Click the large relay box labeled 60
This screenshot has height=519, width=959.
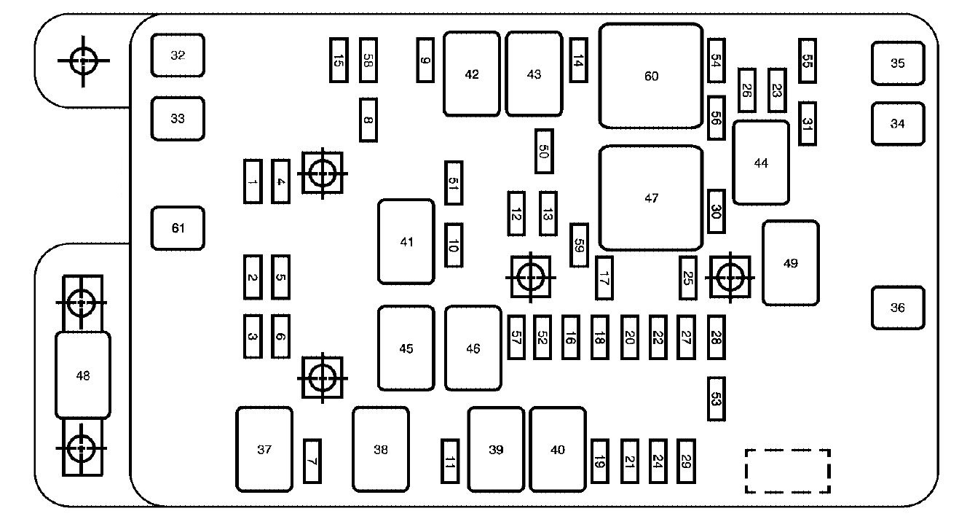click(651, 76)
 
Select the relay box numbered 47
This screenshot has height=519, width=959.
click(651, 198)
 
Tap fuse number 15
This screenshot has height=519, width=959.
click(338, 61)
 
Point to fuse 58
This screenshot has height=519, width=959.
click(368, 61)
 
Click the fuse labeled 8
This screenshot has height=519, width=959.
click(368, 120)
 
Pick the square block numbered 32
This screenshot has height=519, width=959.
click(178, 55)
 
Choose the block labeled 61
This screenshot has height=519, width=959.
click(178, 228)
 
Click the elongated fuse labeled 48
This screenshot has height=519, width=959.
click(83, 375)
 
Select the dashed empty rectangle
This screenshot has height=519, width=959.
click(787, 471)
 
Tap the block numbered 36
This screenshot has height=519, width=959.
click(898, 308)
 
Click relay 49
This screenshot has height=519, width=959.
click(790, 263)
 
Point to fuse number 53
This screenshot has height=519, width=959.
click(716, 399)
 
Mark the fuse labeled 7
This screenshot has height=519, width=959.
click(312, 461)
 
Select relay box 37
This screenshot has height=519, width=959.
click(264, 450)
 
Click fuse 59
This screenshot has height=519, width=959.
click(579, 245)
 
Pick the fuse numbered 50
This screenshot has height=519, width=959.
click(543, 151)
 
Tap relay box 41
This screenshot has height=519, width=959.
click(406, 241)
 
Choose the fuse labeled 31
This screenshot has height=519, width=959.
click(807, 123)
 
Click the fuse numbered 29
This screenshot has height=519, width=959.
click(685, 461)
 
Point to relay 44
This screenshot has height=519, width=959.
click(760, 163)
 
